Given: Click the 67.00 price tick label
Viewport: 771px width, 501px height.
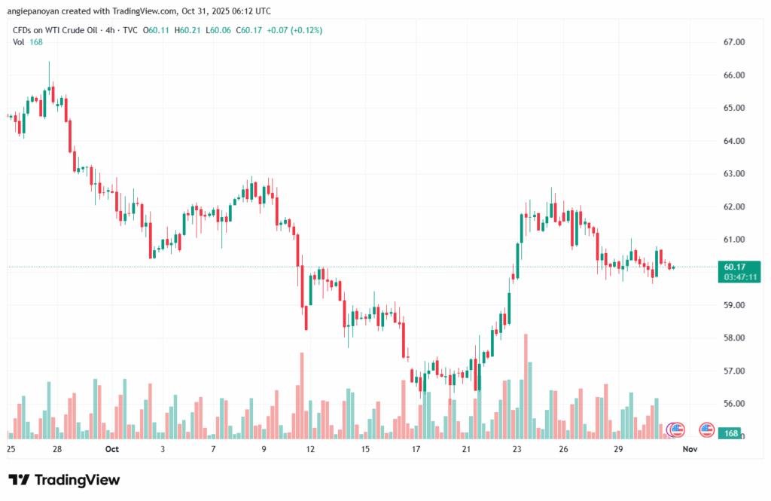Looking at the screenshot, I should pos(734,42).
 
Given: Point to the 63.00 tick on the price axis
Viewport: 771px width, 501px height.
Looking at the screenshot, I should pos(734,174).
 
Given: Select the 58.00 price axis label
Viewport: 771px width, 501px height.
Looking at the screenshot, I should pos(734,338).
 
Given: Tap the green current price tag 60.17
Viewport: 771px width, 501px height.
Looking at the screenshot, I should pos(735,267).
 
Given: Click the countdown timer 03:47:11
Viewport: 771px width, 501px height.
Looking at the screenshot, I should pos(741,277).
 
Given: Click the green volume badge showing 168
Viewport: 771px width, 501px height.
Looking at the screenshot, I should pos(731,434).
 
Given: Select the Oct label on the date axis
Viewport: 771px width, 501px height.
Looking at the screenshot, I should pos(112,450).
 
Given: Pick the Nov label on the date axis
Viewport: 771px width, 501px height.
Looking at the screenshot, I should pos(688,450).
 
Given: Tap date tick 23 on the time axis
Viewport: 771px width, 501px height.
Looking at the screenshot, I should pos(517,450).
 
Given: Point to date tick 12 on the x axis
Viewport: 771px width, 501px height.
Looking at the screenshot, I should pos(309,450).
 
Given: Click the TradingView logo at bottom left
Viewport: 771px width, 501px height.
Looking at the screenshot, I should pos(64,480).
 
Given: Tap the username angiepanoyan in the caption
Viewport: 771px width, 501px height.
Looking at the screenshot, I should pos(36,11).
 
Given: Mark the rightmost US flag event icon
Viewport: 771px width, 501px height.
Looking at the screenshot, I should pos(706,430).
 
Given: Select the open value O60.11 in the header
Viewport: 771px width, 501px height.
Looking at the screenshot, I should pos(157,29).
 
